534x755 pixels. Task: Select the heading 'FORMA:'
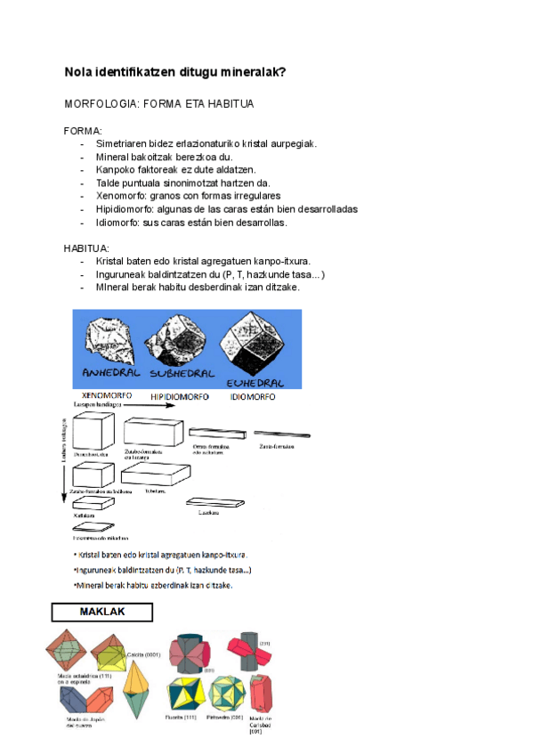[x=84, y=130]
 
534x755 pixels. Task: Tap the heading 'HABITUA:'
[x=87, y=248]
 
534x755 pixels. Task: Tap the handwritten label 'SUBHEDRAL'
[x=182, y=372]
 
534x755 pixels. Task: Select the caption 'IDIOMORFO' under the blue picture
[x=252, y=396]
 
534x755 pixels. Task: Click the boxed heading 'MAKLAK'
[x=102, y=613]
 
